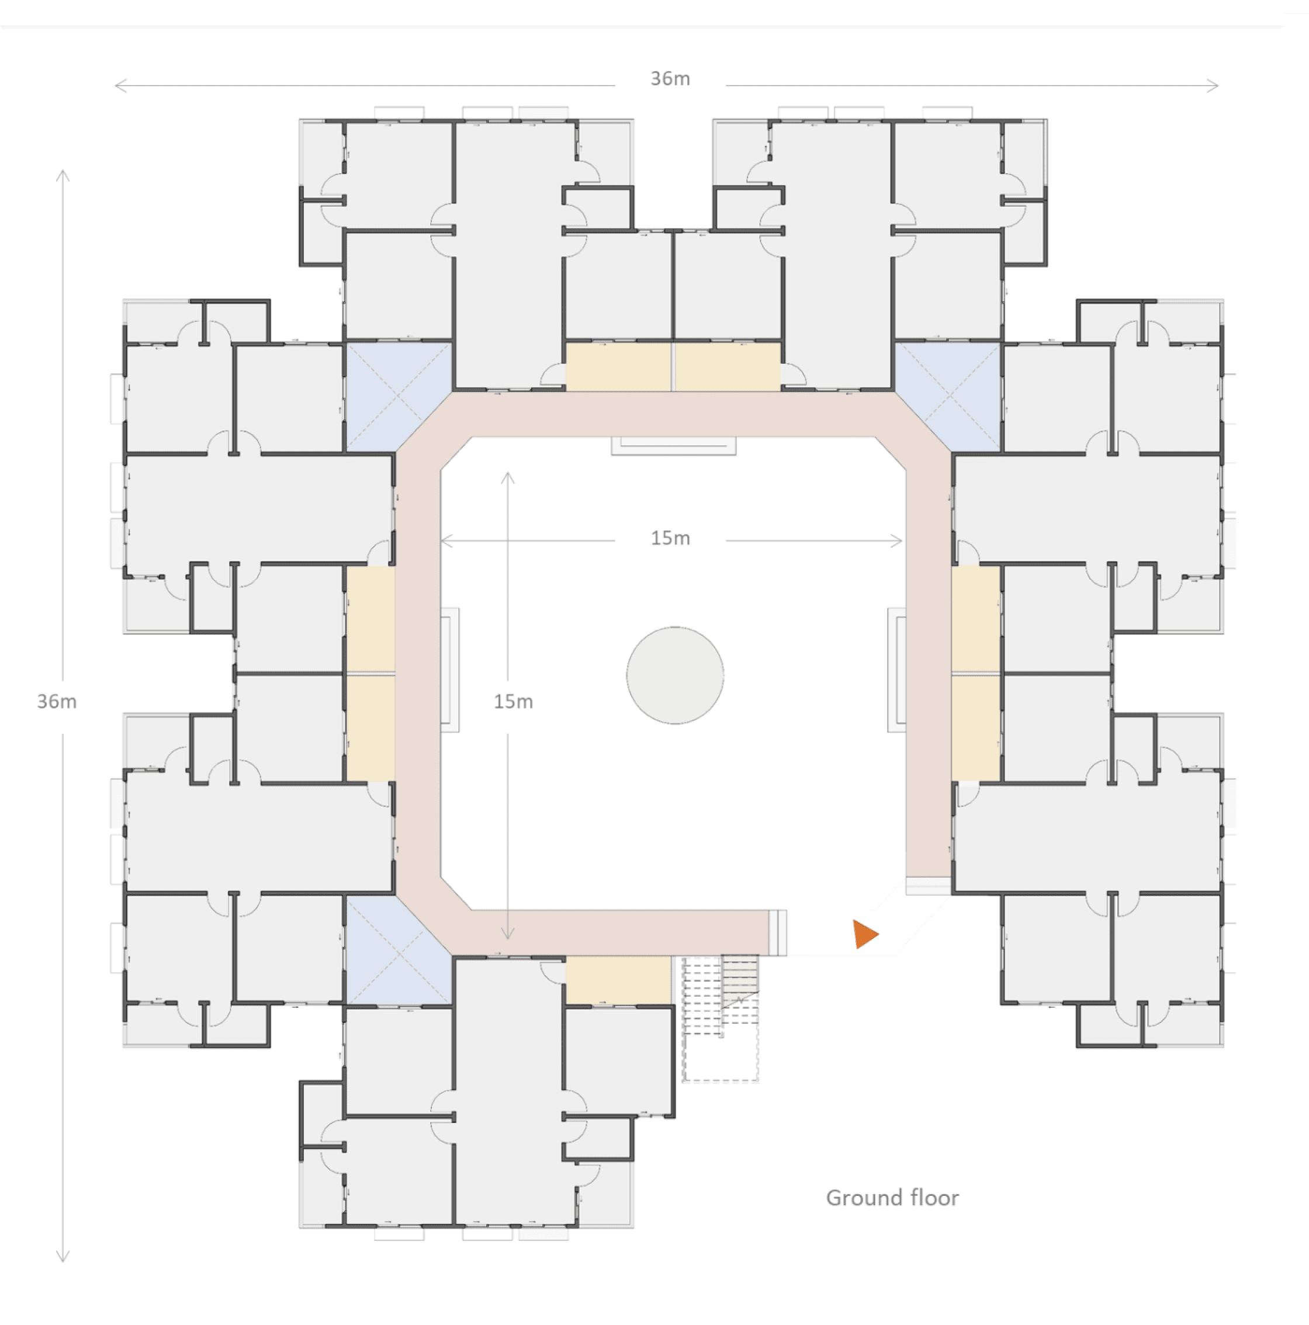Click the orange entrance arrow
coord(865,934)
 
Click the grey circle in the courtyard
coord(675,675)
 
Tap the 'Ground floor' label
coord(892,1198)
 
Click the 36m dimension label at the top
coord(670,79)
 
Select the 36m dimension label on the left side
coord(57,701)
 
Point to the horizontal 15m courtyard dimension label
coord(670,539)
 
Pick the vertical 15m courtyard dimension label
coord(513,701)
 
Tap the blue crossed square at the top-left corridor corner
coord(398,397)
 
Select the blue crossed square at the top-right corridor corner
coord(948,397)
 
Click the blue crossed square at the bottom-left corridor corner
coord(398,950)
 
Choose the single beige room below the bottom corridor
coord(618,981)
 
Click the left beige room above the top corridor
coord(618,366)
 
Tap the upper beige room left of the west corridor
coord(370,619)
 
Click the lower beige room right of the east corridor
coord(975,729)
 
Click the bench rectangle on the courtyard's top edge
coord(674,446)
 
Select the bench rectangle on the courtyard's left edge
coord(449,670)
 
